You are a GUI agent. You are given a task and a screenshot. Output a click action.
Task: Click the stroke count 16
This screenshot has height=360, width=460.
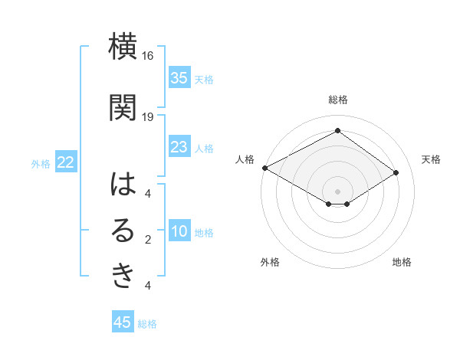[148, 56]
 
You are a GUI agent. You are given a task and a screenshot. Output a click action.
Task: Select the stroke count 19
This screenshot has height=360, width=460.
[148, 116]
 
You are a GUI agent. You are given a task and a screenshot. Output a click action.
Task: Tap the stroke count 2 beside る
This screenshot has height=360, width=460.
[147, 240]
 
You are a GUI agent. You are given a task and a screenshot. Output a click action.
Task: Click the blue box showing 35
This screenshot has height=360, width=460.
[179, 77]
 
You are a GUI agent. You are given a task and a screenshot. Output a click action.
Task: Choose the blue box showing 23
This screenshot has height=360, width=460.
[179, 147]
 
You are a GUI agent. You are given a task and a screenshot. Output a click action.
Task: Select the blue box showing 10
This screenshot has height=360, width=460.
[179, 232]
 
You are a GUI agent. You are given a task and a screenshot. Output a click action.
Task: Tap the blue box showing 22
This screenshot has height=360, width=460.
[66, 162]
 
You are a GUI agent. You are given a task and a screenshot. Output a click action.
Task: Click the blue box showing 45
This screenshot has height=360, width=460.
[123, 322]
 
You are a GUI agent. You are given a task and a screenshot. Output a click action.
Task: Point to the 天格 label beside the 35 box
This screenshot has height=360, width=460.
[204, 79]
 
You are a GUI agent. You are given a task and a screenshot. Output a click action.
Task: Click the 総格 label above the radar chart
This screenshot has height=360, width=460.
[337, 100]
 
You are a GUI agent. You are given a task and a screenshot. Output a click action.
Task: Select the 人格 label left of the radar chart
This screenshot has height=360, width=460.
[245, 159]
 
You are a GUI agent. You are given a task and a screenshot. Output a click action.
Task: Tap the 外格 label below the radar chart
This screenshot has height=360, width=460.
[270, 262]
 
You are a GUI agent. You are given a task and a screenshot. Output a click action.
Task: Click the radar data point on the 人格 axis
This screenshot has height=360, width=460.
[264, 168]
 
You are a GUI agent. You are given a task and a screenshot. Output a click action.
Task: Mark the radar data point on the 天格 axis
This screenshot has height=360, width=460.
[396, 173]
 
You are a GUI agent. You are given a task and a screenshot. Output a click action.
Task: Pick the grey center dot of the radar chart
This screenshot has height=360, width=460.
[337, 191]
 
